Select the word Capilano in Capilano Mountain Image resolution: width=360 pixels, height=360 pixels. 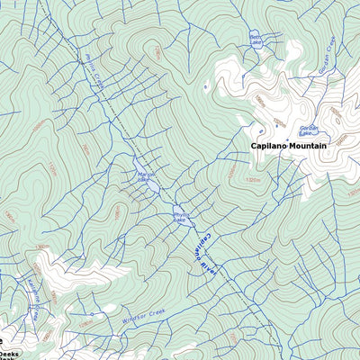(x=267, y=145)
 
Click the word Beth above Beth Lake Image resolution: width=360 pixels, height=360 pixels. (x=256, y=36)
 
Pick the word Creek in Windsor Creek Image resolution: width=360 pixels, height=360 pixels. (x=157, y=311)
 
